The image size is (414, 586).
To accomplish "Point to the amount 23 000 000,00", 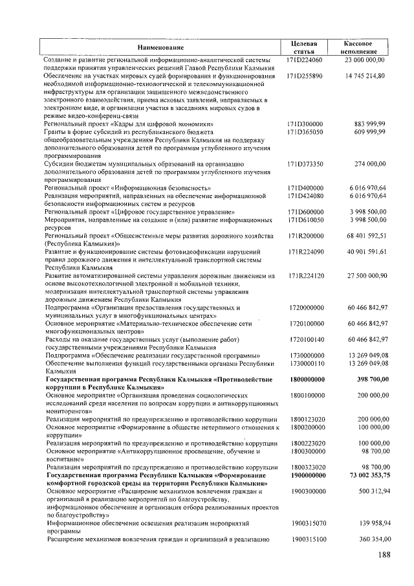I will click(365, 60).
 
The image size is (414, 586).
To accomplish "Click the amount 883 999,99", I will click(370, 123).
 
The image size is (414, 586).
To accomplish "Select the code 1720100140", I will click(307, 339).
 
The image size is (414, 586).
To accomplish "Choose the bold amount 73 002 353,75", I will click(365, 475).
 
